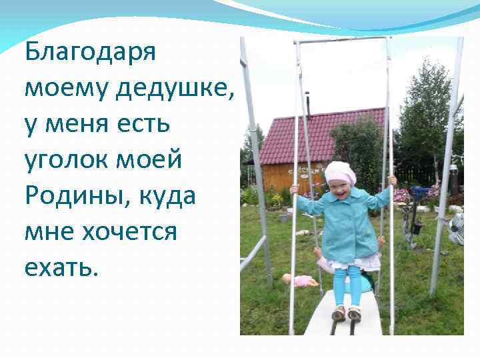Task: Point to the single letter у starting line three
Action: (x=31, y=125)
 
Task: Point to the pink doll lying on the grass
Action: (x=301, y=281)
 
